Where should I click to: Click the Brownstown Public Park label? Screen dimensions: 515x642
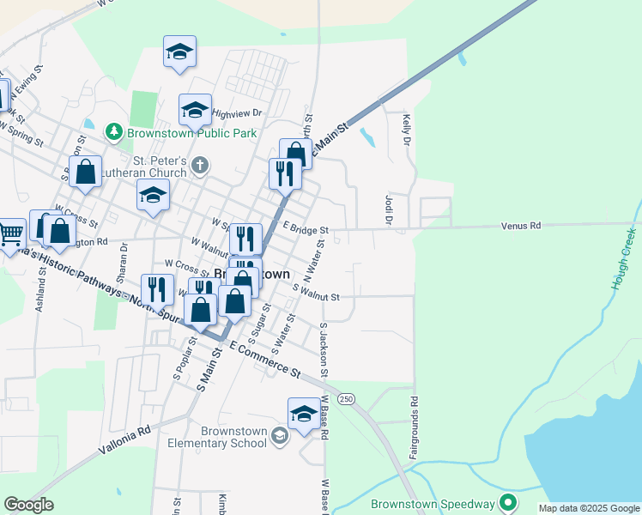(191, 133)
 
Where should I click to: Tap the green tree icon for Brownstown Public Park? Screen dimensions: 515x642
(112, 132)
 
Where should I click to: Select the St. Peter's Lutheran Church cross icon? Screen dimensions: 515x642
(200, 165)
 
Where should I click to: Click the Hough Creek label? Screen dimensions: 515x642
(622, 258)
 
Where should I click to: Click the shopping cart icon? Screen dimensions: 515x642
(10, 233)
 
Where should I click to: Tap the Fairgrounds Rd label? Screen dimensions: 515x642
(414, 427)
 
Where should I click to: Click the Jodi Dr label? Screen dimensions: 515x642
(388, 209)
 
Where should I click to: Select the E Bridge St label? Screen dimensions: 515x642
(306, 230)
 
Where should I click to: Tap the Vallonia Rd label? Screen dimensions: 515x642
(124, 437)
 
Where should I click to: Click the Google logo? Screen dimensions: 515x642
(29, 505)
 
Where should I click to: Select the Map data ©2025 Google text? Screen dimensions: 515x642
(588, 508)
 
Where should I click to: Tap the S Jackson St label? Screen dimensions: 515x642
(324, 350)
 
